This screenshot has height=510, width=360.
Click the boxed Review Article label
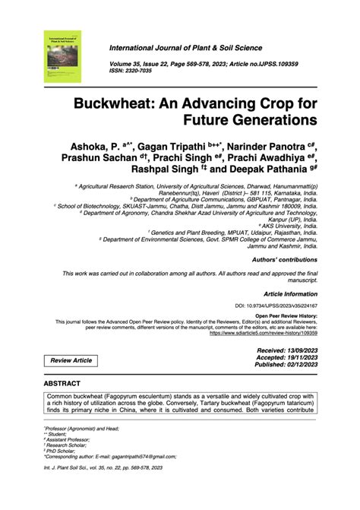point(71,360)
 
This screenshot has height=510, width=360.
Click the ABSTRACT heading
point(64,385)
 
